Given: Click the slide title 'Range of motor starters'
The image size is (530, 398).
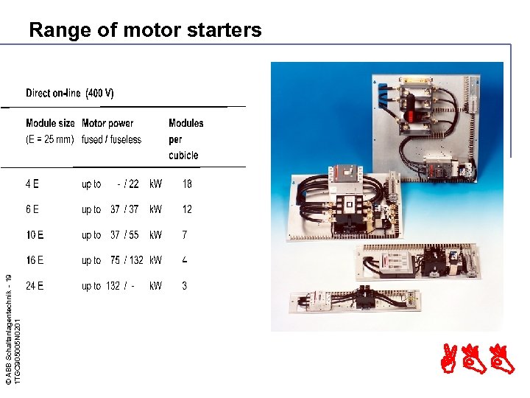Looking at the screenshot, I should pyautogui.click(x=145, y=30).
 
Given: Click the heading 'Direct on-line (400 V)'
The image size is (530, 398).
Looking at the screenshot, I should pyautogui.click(x=70, y=94).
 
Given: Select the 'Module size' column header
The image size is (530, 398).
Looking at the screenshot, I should pyautogui.click(x=50, y=123).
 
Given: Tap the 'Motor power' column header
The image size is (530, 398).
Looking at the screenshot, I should pyautogui.click(x=107, y=123).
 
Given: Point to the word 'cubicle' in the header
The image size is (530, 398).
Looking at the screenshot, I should pyautogui.click(x=183, y=156).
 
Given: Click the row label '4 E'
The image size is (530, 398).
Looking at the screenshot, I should pyautogui.click(x=32, y=184).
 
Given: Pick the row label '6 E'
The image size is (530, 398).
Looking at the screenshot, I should pyautogui.click(x=32, y=209).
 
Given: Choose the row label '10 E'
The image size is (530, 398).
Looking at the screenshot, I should pyautogui.click(x=35, y=235).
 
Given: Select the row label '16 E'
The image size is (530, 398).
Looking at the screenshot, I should pyautogui.click(x=35, y=260).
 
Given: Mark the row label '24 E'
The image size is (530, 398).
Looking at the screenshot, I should pyautogui.click(x=35, y=286).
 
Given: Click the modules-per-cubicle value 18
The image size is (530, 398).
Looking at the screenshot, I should pyautogui.click(x=187, y=184).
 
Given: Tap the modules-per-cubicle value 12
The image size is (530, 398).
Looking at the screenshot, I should pyautogui.click(x=187, y=209).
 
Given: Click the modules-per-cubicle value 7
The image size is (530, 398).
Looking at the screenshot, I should pyautogui.click(x=185, y=235).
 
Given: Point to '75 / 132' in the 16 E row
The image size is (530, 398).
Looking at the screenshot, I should pyautogui.click(x=127, y=260).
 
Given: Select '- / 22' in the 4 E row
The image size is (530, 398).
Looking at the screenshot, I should pyautogui.click(x=128, y=184).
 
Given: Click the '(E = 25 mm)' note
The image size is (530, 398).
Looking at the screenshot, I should pyautogui.click(x=49, y=139).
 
